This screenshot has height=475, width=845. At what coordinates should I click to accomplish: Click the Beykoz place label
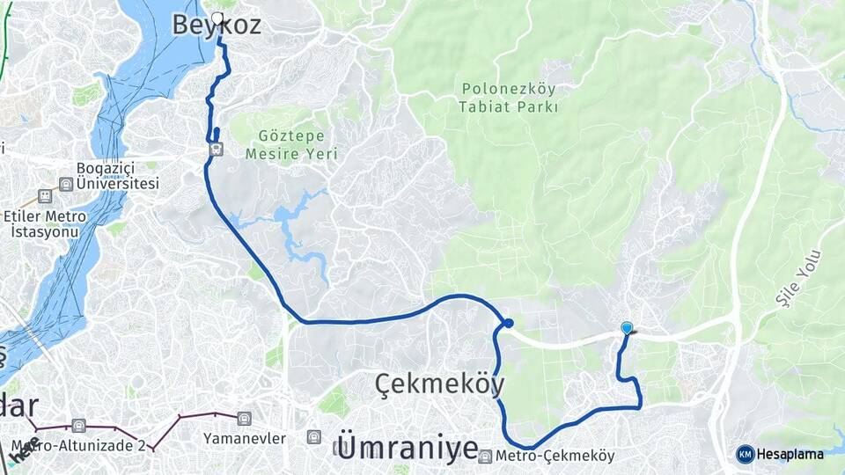click(217, 26)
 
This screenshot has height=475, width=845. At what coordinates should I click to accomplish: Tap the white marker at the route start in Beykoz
click(217, 16)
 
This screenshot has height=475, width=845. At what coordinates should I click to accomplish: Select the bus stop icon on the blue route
click(215, 150)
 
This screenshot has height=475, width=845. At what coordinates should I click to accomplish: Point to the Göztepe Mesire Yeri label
click(291, 144)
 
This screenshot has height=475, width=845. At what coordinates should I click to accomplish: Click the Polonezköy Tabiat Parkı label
click(509, 98)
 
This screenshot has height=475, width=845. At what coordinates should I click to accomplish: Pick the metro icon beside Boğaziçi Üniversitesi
click(65, 185)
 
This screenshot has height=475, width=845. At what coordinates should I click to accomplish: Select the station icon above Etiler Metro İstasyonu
click(44, 195)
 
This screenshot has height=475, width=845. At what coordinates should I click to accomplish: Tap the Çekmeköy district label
click(440, 384)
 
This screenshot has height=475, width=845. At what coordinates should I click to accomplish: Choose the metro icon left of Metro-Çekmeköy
click(486, 456)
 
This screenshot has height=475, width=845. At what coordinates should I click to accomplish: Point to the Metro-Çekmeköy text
click(555, 456)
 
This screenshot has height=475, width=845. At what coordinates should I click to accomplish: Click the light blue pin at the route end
click(627, 328)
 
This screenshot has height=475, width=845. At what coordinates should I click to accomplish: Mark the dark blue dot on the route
click(509, 323)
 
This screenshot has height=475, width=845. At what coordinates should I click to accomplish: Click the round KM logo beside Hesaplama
click(746, 454)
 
